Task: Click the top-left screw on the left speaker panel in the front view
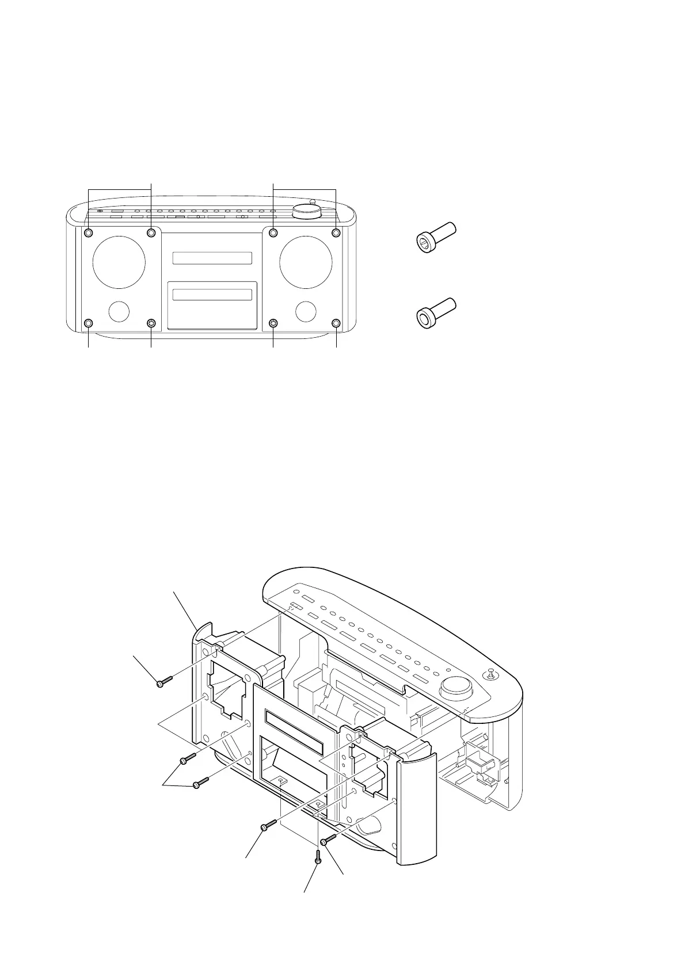point(89,232)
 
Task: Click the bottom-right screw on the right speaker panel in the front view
point(336,323)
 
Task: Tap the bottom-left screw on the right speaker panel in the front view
point(273,323)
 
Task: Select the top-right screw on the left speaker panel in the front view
point(151,232)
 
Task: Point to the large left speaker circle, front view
point(119,262)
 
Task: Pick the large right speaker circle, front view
point(305,262)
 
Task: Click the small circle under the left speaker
point(119,311)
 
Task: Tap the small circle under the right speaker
point(306,311)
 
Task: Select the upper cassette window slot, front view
point(212,258)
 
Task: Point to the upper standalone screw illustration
point(435,237)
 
